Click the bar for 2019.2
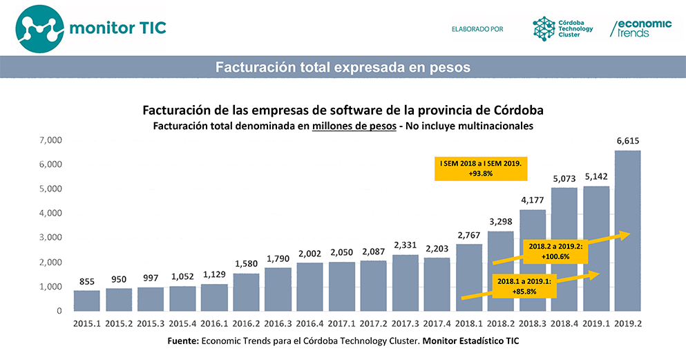coord(627,231)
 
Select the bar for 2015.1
coord(87,301)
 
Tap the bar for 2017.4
coord(437,284)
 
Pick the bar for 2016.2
coord(246,292)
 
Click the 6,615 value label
coord(627,141)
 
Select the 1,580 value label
coord(246,264)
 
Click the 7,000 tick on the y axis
coord(52,140)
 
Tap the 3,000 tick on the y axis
coord(52,238)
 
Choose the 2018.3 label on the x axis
coord(532,323)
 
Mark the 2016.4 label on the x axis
coord(309,323)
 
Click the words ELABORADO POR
coord(477,29)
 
